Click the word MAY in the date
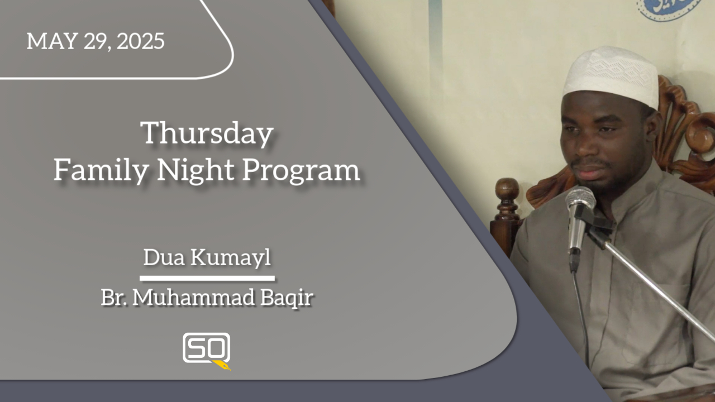coord(53,41)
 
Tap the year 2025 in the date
coord(140,41)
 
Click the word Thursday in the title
coord(207,133)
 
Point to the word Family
coord(101,170)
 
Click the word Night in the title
coord(196,170)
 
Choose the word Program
coord(301,171)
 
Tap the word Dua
coord(164,257)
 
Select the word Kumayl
coord(231,258)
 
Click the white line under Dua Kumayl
coord(207,279)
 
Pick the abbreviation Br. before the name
coord(113,298)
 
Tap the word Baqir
coord(287,298)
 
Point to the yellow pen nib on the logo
coord(222,365)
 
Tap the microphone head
coord(580,199)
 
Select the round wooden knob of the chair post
coord(507,189)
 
